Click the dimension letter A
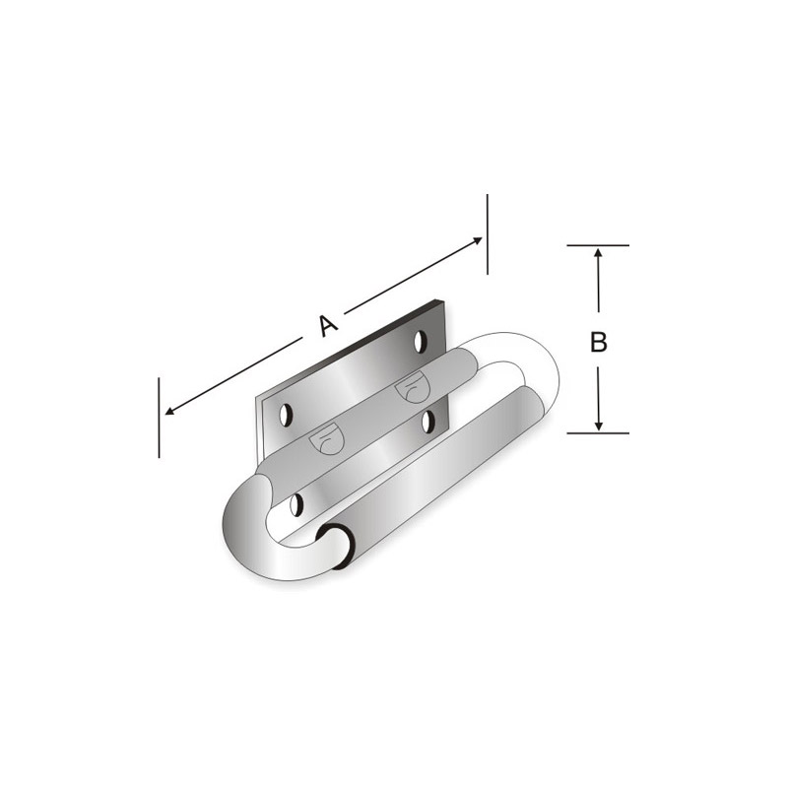[x=328, y=326]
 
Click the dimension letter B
[x=598, y=342]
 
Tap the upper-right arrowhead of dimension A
[x=478, y=240]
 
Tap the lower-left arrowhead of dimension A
[x=169, y=411]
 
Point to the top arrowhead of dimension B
[x=598, y=252]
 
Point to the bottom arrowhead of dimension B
[x=598, y=427]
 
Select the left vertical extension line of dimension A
[x=159, y=418]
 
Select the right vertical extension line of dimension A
[x=487, y=234]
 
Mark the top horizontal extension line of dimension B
[x=598, y=245]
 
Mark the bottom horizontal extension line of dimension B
[x=598, y=432]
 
